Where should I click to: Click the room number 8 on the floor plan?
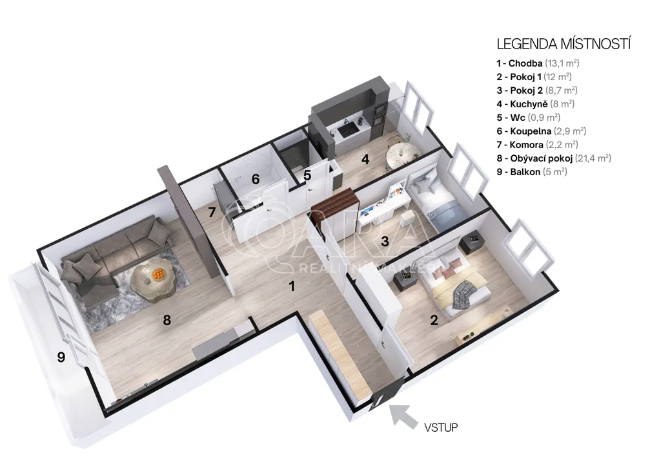167,321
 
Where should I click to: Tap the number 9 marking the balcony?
61,357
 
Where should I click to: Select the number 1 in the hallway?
292,286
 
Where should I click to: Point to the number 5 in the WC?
307,175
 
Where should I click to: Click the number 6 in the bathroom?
256,179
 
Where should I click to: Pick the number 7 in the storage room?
212,212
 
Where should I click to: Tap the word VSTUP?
441,427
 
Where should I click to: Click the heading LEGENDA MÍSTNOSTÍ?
564,44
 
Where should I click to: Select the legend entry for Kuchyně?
535,104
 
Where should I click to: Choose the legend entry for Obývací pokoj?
554,158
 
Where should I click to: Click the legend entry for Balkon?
532,172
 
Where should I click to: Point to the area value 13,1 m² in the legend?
562,63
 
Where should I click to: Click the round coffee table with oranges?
152,281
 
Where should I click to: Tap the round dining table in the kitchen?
401,154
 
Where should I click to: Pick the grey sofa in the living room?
114,257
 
